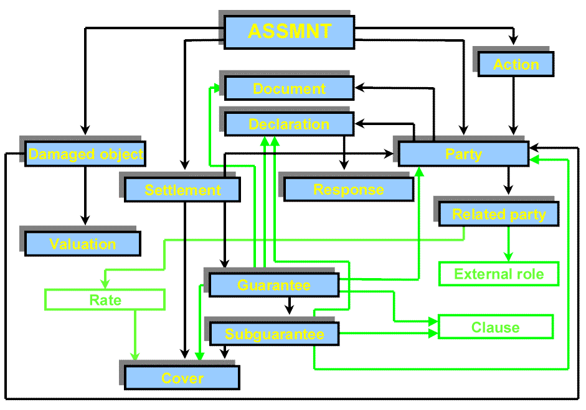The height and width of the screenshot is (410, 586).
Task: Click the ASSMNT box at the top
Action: pos(289,32)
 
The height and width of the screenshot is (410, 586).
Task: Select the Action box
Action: pos(516,64)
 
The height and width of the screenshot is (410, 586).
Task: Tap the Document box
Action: pos(289,88)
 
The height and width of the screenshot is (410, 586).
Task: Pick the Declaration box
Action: pos(289,124)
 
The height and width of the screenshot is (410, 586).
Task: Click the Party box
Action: pos(463,154)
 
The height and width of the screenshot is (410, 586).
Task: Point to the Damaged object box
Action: pos(85,154)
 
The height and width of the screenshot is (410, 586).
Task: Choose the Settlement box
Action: pos(182,190)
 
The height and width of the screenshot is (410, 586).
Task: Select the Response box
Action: pos(348,189)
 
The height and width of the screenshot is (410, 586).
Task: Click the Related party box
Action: pos(498,214)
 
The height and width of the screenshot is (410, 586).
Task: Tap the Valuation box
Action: pos(83,244)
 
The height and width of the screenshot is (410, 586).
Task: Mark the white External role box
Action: pos(499,274)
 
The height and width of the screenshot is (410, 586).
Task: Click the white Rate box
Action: pos(105,300)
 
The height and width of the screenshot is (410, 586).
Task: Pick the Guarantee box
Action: pos(273,285)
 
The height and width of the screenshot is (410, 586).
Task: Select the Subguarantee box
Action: pos(274,334)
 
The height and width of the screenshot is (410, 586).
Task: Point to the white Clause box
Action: pos(495,327)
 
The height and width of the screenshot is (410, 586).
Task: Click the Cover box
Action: pos(182,378)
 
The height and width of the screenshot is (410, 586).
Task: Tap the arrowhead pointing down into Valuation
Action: pos(85,220)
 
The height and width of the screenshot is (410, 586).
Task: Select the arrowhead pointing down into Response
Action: pos(343,165)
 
